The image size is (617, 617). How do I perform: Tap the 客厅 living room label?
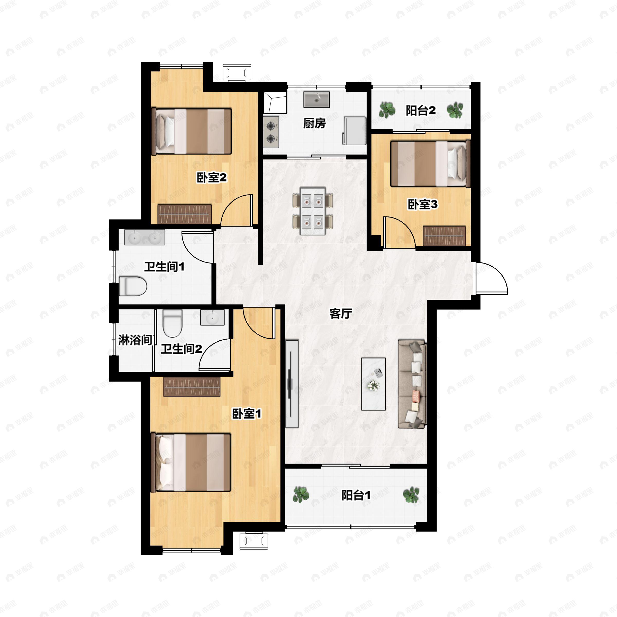[x=341, y=314]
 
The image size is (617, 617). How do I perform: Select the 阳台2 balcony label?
[x=421, y=111]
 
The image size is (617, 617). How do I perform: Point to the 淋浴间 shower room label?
[x=135, y=340]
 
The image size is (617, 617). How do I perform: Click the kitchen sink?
[x=316, y=99]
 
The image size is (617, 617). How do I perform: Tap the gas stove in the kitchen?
[x=271, y=132]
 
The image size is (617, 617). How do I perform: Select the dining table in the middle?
[x=313, y=211]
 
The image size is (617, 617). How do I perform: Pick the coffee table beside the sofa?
[x=373, y=384]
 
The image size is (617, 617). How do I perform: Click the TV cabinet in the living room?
[x=292, y=384]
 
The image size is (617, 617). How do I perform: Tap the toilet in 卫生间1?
[x=133, y=286]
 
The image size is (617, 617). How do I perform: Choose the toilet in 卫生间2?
[x=173, y=323]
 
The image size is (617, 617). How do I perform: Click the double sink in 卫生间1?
[x=145, y=237]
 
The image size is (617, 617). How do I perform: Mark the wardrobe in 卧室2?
[x=185, y=214]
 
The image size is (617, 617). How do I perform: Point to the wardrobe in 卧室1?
[x=192, y=387]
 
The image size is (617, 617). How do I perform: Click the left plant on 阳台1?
[x=301, y=494]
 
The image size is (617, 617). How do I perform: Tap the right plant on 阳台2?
[x=455, y=110]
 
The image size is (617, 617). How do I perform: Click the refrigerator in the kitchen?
[x=355, y=130]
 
